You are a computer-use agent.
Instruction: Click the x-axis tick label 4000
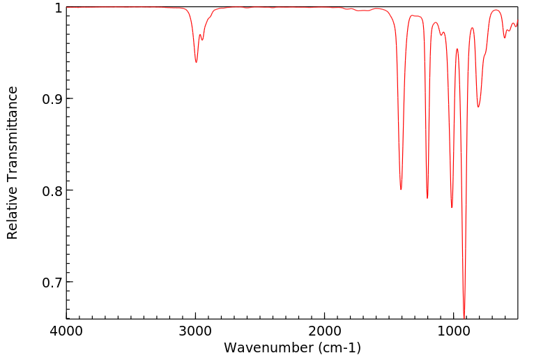67,331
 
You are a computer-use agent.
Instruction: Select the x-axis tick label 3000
196,331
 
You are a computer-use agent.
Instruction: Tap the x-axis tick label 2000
325,331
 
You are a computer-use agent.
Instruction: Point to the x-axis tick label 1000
454,331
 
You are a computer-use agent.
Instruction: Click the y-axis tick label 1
57,8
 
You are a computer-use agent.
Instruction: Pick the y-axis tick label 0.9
51,99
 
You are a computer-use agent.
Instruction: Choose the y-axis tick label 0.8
51,190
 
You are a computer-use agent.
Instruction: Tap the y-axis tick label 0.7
51,283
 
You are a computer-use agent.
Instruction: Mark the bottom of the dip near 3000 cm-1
196,62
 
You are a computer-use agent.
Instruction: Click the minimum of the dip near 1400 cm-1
401,189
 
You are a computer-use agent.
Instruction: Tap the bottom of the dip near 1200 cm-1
427,198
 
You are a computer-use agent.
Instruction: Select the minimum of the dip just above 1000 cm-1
452,207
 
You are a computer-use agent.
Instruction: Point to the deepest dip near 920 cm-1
464,316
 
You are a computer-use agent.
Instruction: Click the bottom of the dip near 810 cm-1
478,107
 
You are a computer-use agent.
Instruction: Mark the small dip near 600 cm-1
505,37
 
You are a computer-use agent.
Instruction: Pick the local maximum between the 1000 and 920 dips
457,49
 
